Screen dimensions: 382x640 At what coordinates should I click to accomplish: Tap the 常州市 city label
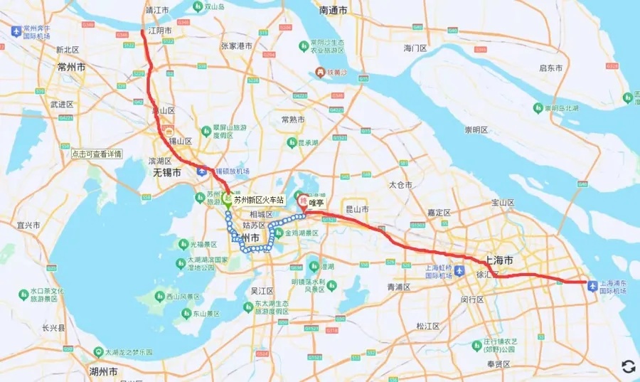coord(71,66)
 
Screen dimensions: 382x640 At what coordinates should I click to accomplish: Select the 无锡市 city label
coord(166,173)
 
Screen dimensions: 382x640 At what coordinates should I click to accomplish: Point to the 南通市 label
coord(333,11)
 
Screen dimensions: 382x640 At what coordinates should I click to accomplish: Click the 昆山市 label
coord(356,210)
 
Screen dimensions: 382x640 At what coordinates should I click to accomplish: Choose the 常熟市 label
coord(293,120)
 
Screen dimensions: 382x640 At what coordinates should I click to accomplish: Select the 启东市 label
coord(550,68)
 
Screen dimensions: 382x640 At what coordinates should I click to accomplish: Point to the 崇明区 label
coord(476,130)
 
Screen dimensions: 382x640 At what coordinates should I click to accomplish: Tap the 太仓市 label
coord(400,185)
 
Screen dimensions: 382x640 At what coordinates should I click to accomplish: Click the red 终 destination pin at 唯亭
coord(302,201)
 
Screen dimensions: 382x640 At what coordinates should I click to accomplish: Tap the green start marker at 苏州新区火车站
coord(227,199)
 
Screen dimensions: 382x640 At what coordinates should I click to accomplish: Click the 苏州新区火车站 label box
coord(259,200)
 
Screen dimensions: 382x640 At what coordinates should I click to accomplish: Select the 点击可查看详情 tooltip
coord(97,154)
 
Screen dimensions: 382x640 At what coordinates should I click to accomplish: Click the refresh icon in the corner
coord(628,366)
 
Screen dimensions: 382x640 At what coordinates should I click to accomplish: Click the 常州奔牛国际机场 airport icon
coord(16,31)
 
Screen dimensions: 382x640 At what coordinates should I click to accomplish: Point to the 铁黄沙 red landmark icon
coord(321,72)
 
